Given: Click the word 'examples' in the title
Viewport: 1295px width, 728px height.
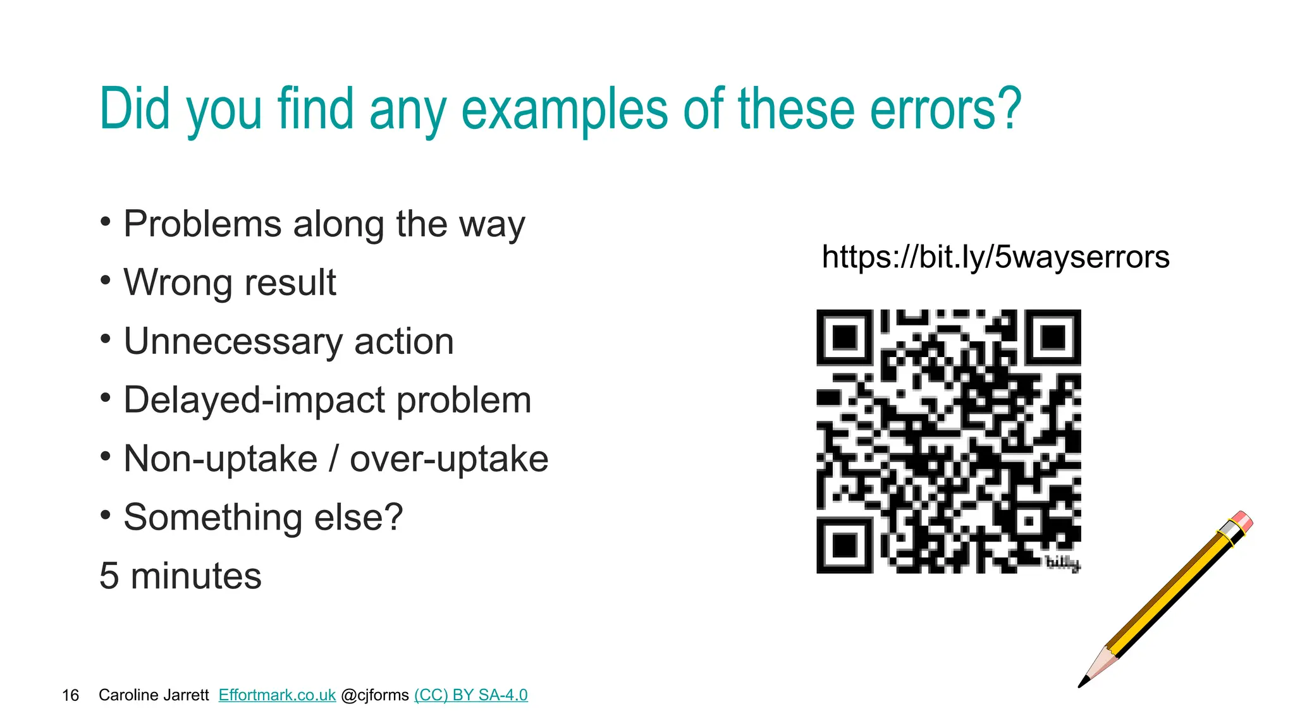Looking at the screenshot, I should click(564, 111).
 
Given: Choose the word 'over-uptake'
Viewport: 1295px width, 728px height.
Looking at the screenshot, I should click(449, 459).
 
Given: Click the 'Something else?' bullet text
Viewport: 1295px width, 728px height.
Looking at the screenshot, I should click(263, 517).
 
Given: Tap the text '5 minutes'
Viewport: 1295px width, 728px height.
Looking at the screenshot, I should click(180, 576).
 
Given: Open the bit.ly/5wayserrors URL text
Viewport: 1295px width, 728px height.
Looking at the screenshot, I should click(995, 257).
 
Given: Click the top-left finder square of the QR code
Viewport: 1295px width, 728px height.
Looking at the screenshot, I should click(844, 337).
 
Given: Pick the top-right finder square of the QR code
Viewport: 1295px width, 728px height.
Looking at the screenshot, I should click(1053, 337).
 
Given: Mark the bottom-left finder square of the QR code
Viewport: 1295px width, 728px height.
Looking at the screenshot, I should click(844, 545).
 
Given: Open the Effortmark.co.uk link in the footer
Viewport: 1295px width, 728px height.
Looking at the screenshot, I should click(277, 695).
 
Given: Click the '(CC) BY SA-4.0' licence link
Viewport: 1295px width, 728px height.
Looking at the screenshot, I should click(471, 695).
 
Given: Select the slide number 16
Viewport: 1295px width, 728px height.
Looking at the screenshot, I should click(70, 696).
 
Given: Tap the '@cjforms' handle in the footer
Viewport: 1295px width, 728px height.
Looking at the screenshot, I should click(375, 695).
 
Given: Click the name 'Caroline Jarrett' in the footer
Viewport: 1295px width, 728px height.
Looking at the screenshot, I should click(154, 695).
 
